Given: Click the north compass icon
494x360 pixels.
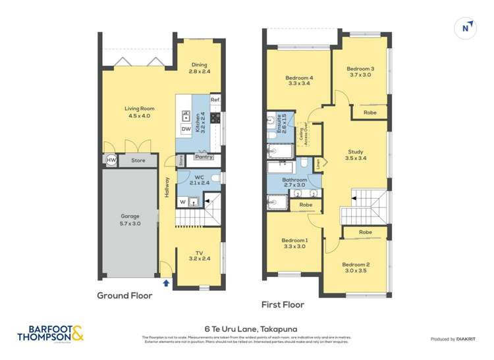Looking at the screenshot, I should tap(466, 27).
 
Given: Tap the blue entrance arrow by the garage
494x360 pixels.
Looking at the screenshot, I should tap(166, 282).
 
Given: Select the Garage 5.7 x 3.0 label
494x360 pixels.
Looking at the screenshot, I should tap(130, 219).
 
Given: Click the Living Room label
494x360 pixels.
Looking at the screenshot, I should tap(139, 112).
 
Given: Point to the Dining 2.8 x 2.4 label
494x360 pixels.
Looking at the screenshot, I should tap(199, 68).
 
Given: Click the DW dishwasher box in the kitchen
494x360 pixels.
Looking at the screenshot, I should tap(186, 129).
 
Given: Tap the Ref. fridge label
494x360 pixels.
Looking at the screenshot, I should tap(214, 99).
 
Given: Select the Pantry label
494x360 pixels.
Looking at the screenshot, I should tap(204, 157).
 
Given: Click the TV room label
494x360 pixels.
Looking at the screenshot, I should tap(199, 255).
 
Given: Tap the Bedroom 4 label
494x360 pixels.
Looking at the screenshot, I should tap(298, 80).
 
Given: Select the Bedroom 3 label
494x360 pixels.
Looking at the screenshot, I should tap(360, 72).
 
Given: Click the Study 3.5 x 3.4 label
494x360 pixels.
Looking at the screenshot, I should tap(356, 155).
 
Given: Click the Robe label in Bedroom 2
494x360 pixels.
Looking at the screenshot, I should tap(366, 232).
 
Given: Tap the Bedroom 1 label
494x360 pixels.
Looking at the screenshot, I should tap(294, 244).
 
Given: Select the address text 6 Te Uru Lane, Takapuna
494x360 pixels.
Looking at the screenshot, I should tap(246, 328).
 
